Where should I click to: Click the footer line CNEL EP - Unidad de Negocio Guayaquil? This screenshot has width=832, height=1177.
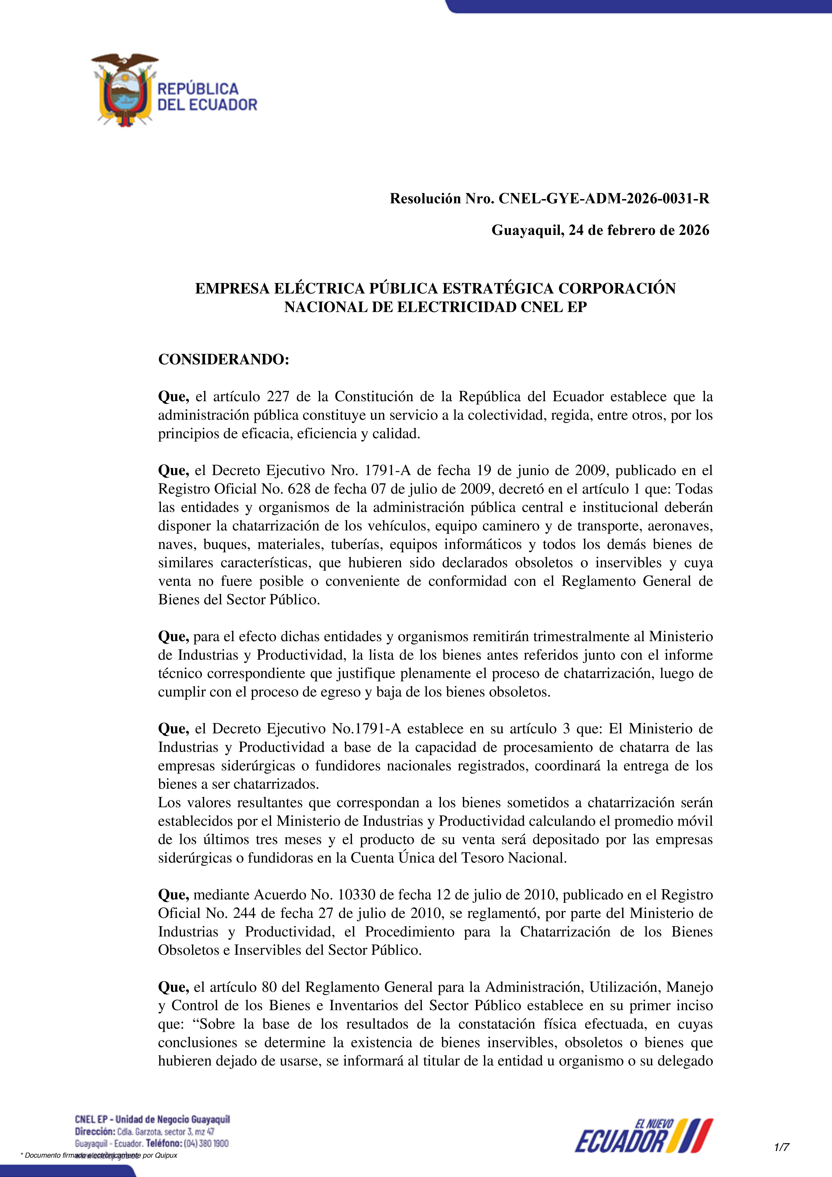coord(152,1119)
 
